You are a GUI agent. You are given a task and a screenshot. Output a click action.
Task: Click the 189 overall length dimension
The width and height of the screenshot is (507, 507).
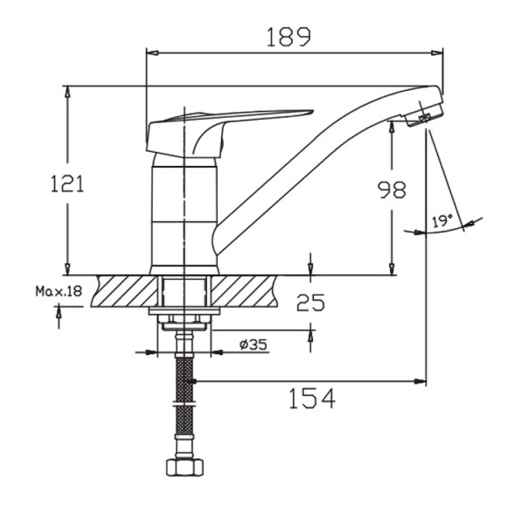[x=288, y=36]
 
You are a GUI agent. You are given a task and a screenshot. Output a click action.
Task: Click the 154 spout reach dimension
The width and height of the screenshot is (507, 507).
[x=312, y=399]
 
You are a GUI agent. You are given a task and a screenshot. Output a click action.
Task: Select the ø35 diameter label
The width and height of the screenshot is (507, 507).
[x=253, y=344]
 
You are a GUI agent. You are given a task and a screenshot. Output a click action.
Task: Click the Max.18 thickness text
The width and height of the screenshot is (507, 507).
[x=58, y=291]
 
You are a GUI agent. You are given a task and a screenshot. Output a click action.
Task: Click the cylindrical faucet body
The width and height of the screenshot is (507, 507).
[x=185, y=214]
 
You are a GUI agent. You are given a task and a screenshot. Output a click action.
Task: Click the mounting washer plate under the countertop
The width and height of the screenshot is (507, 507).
[x=184, y=312]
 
